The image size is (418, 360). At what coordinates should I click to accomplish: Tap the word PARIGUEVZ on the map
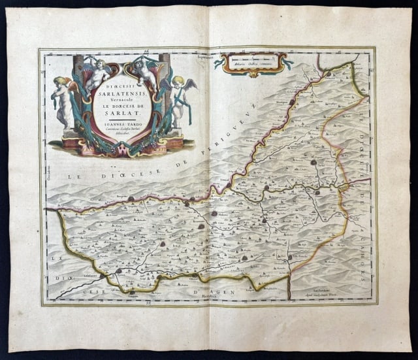click(x=191, y=149)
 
